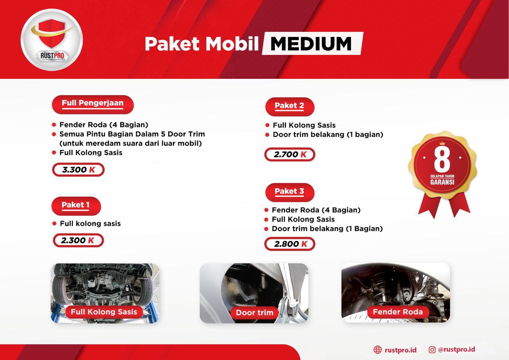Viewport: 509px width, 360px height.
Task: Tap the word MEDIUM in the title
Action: tap(311, 43)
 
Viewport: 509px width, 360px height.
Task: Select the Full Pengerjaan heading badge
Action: tap(93, 104)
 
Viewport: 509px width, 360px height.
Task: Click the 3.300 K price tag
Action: tap(78, 170)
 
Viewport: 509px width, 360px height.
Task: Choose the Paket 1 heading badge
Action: tap(76, 206)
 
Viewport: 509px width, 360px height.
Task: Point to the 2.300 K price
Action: tap(78, 240)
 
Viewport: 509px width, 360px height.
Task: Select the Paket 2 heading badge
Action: tap(289, 106)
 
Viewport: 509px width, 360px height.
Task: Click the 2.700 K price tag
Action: tap(289, 155)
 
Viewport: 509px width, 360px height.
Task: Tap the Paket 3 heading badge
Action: tap(289, 192)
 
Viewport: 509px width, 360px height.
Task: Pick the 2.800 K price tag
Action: tap(289, 244)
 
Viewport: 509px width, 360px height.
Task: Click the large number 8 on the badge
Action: tap(442, 160)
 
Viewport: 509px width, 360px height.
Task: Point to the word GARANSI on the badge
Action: tap(442, 183)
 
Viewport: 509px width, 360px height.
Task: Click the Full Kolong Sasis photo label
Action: tap(104, 312)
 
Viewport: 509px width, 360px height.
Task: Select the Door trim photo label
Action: tap(254, 313)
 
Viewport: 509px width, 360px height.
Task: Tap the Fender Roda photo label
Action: tap(398, 312)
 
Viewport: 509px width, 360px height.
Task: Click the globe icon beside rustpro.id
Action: tap(377, 350)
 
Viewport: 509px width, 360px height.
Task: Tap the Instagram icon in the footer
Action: tap(432, 350)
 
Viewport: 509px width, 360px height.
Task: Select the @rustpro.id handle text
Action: tap(457, 349)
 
